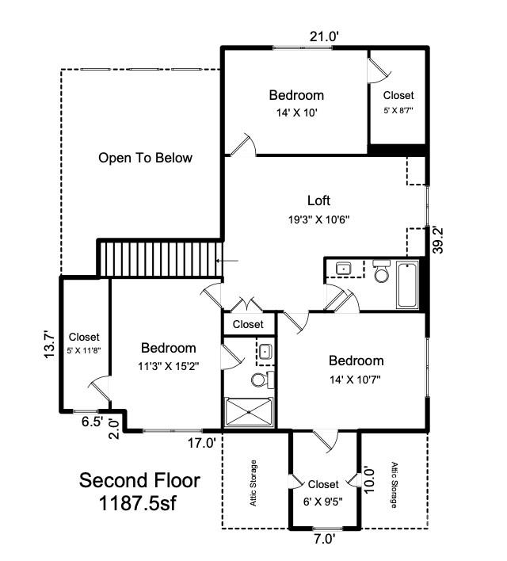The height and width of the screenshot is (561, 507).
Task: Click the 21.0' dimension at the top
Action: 325,37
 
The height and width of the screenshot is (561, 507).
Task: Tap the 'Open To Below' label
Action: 145,158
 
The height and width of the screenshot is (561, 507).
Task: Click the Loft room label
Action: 319,200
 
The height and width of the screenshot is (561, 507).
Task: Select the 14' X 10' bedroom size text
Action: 295,113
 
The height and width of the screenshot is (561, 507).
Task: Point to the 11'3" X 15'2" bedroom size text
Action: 168,366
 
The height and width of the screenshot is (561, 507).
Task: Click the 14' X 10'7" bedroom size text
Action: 356,379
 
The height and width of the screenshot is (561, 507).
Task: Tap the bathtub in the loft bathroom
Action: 407,284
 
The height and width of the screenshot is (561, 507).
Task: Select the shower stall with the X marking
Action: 248,413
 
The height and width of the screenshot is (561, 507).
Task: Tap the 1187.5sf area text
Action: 139,502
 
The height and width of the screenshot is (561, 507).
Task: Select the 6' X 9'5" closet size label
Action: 323,501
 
